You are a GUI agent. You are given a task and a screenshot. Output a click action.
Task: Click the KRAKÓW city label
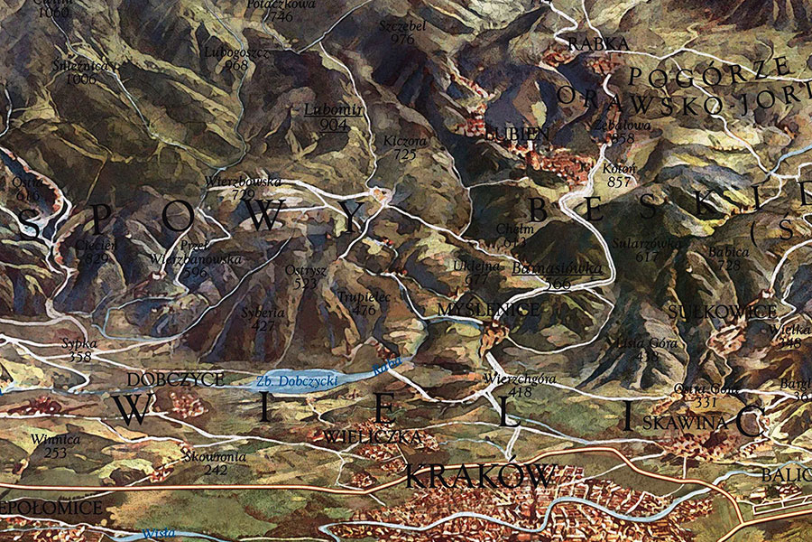(478, 475)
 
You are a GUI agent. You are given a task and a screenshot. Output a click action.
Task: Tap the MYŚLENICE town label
(488, 310)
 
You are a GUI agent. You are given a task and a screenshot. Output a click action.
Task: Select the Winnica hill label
(50, 440)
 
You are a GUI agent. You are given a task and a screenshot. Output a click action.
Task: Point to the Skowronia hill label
(213, 456)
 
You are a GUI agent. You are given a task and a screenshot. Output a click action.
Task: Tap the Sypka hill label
(79, 344)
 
